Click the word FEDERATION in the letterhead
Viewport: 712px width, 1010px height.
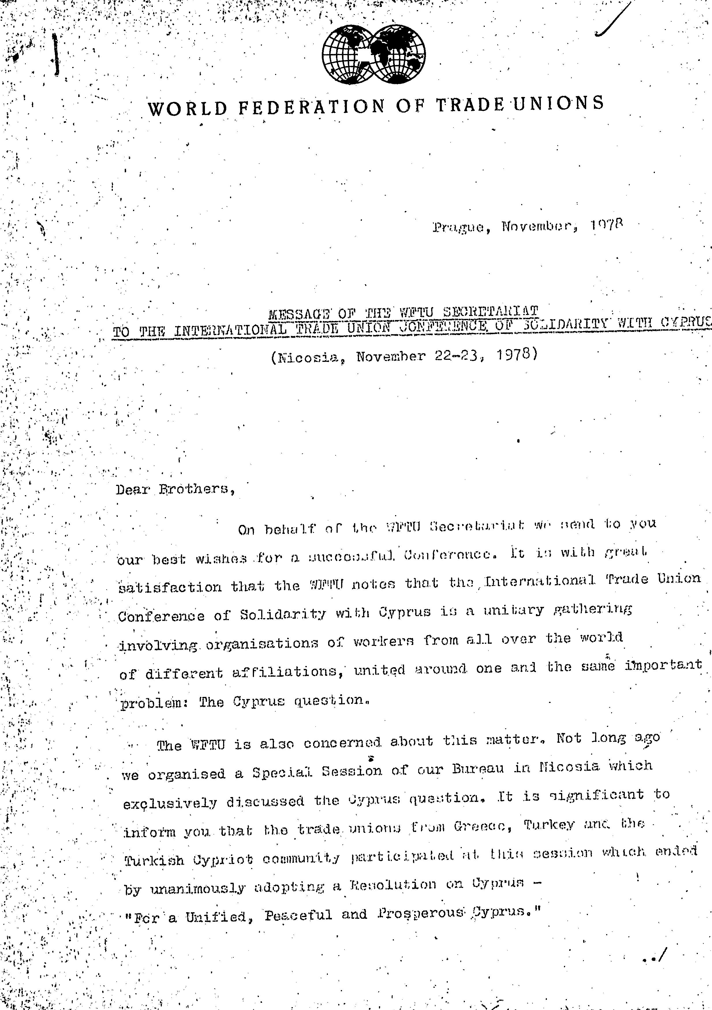(311, 107)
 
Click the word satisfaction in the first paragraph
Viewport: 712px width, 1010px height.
(170, 587)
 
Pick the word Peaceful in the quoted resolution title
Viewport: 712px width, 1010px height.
(298, 916)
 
